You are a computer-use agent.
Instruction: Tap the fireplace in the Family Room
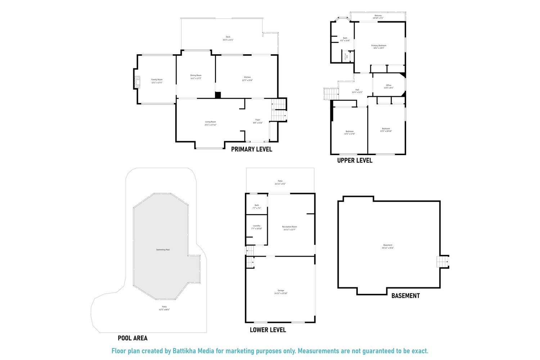(x=137, y=82)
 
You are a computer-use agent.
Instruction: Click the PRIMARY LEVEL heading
(x=251, y=149)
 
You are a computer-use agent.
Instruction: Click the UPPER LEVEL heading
(x=355, y=161)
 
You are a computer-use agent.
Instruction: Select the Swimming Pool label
(x=163, y=249)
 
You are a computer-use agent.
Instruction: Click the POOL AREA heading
(x=132, y=338)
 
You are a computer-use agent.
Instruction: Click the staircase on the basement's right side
(x=443, y=261)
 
